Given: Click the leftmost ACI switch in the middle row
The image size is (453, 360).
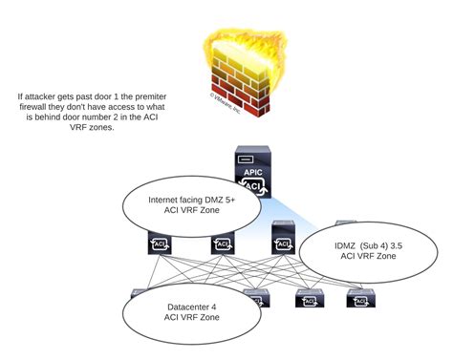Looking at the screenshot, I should [159, 244].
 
